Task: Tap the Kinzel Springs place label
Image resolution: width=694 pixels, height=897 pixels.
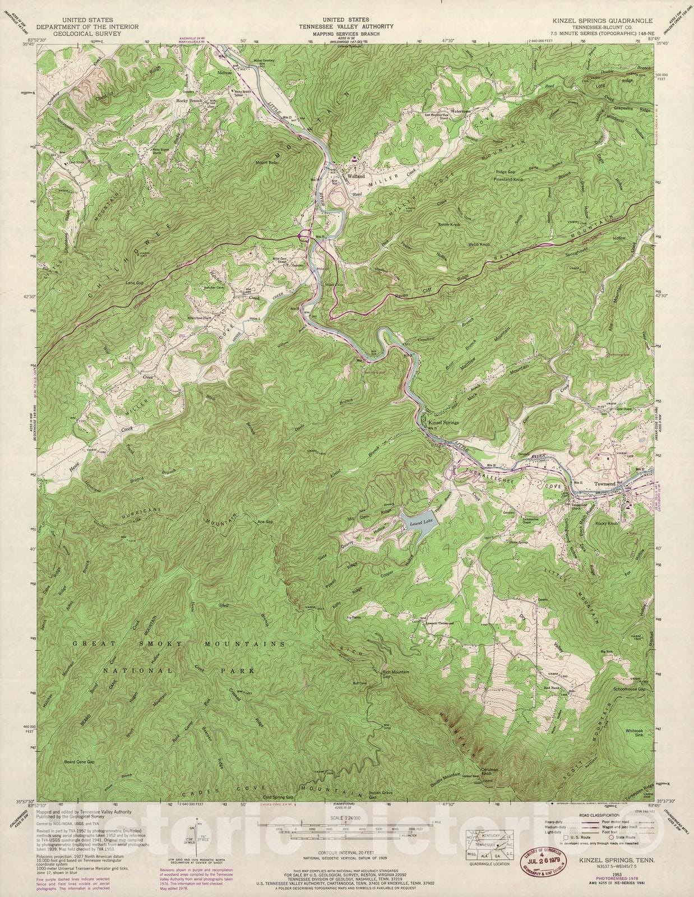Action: [443, 422]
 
